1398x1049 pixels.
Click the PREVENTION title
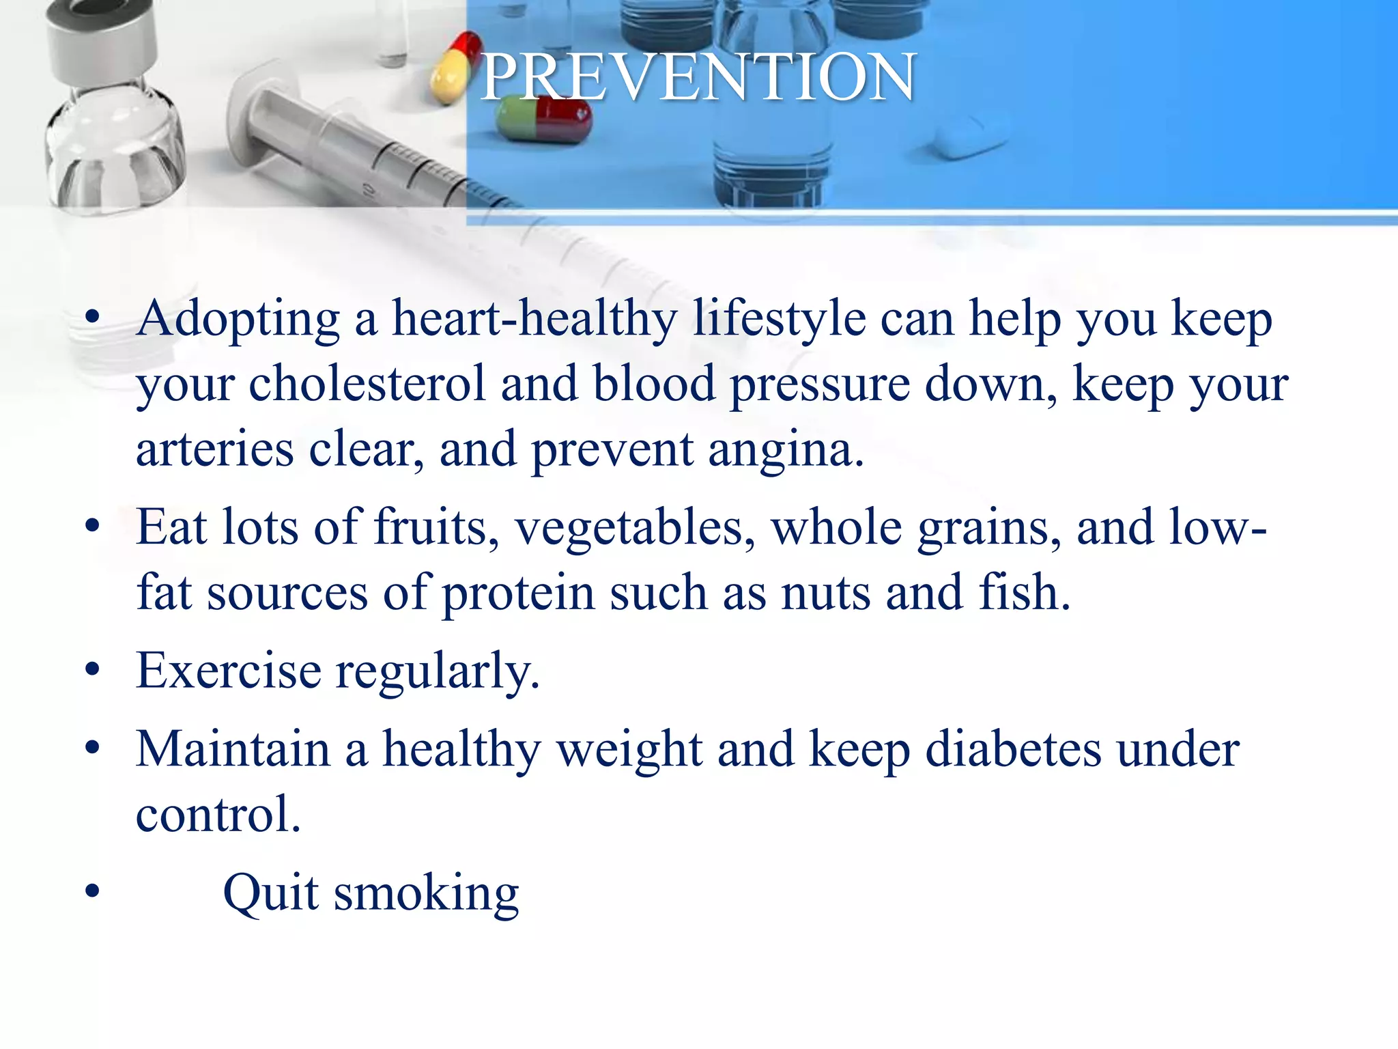[x=698, y=76]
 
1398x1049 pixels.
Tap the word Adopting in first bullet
[x=238, y=319]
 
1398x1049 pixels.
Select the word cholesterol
[x=367, y=384]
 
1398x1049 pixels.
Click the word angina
[x=780, y=451]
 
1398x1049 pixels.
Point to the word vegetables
[x=634, y=528]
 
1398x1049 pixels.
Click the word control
[x=217, y=814]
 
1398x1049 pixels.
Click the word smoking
[x=426, y=894]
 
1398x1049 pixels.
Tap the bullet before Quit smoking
[x=93, y=891]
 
